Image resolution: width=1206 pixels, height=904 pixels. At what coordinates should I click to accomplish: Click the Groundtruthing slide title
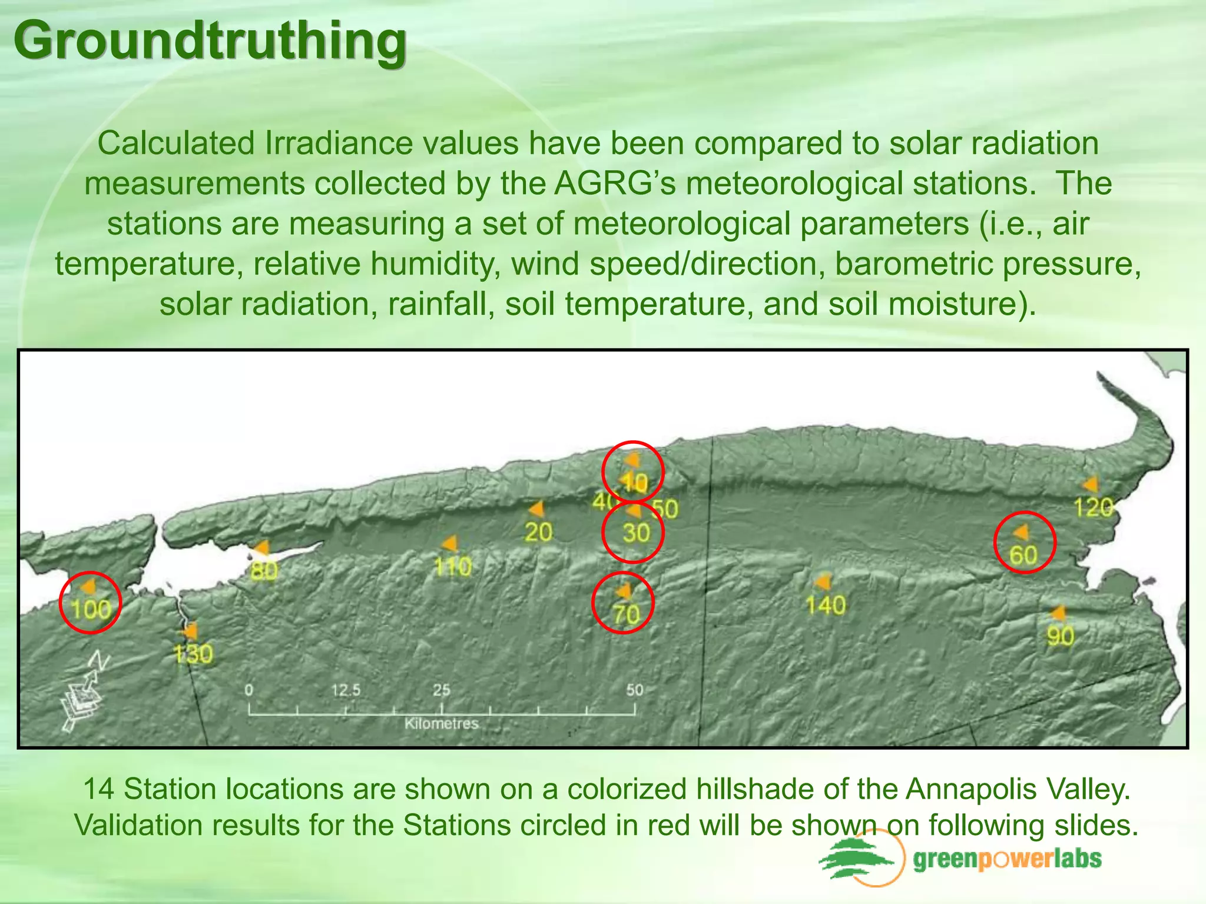point(210,40)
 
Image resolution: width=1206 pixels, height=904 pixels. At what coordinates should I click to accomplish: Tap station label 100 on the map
point(91,609)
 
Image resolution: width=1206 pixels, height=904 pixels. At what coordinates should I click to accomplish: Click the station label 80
point(264,570)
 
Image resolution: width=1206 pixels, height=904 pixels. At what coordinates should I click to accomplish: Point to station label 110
point(453,567)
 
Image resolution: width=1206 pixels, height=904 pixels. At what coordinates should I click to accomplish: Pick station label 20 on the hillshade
point(538,533)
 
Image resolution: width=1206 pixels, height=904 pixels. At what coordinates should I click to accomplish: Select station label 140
point(825,606)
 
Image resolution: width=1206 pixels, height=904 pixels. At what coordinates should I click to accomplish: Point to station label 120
point(1093,507)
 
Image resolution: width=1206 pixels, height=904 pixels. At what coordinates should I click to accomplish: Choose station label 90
point(1060,636)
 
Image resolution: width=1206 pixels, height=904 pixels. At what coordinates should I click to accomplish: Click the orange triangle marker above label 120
point(1090,484)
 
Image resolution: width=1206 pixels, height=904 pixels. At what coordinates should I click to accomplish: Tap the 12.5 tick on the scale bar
point(346,690)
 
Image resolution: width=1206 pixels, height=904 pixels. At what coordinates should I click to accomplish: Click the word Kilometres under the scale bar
point(441,723)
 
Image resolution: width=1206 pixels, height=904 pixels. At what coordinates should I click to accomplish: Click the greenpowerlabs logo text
point(1007,859)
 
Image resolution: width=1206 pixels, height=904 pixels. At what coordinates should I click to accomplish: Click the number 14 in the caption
point(98,789)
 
